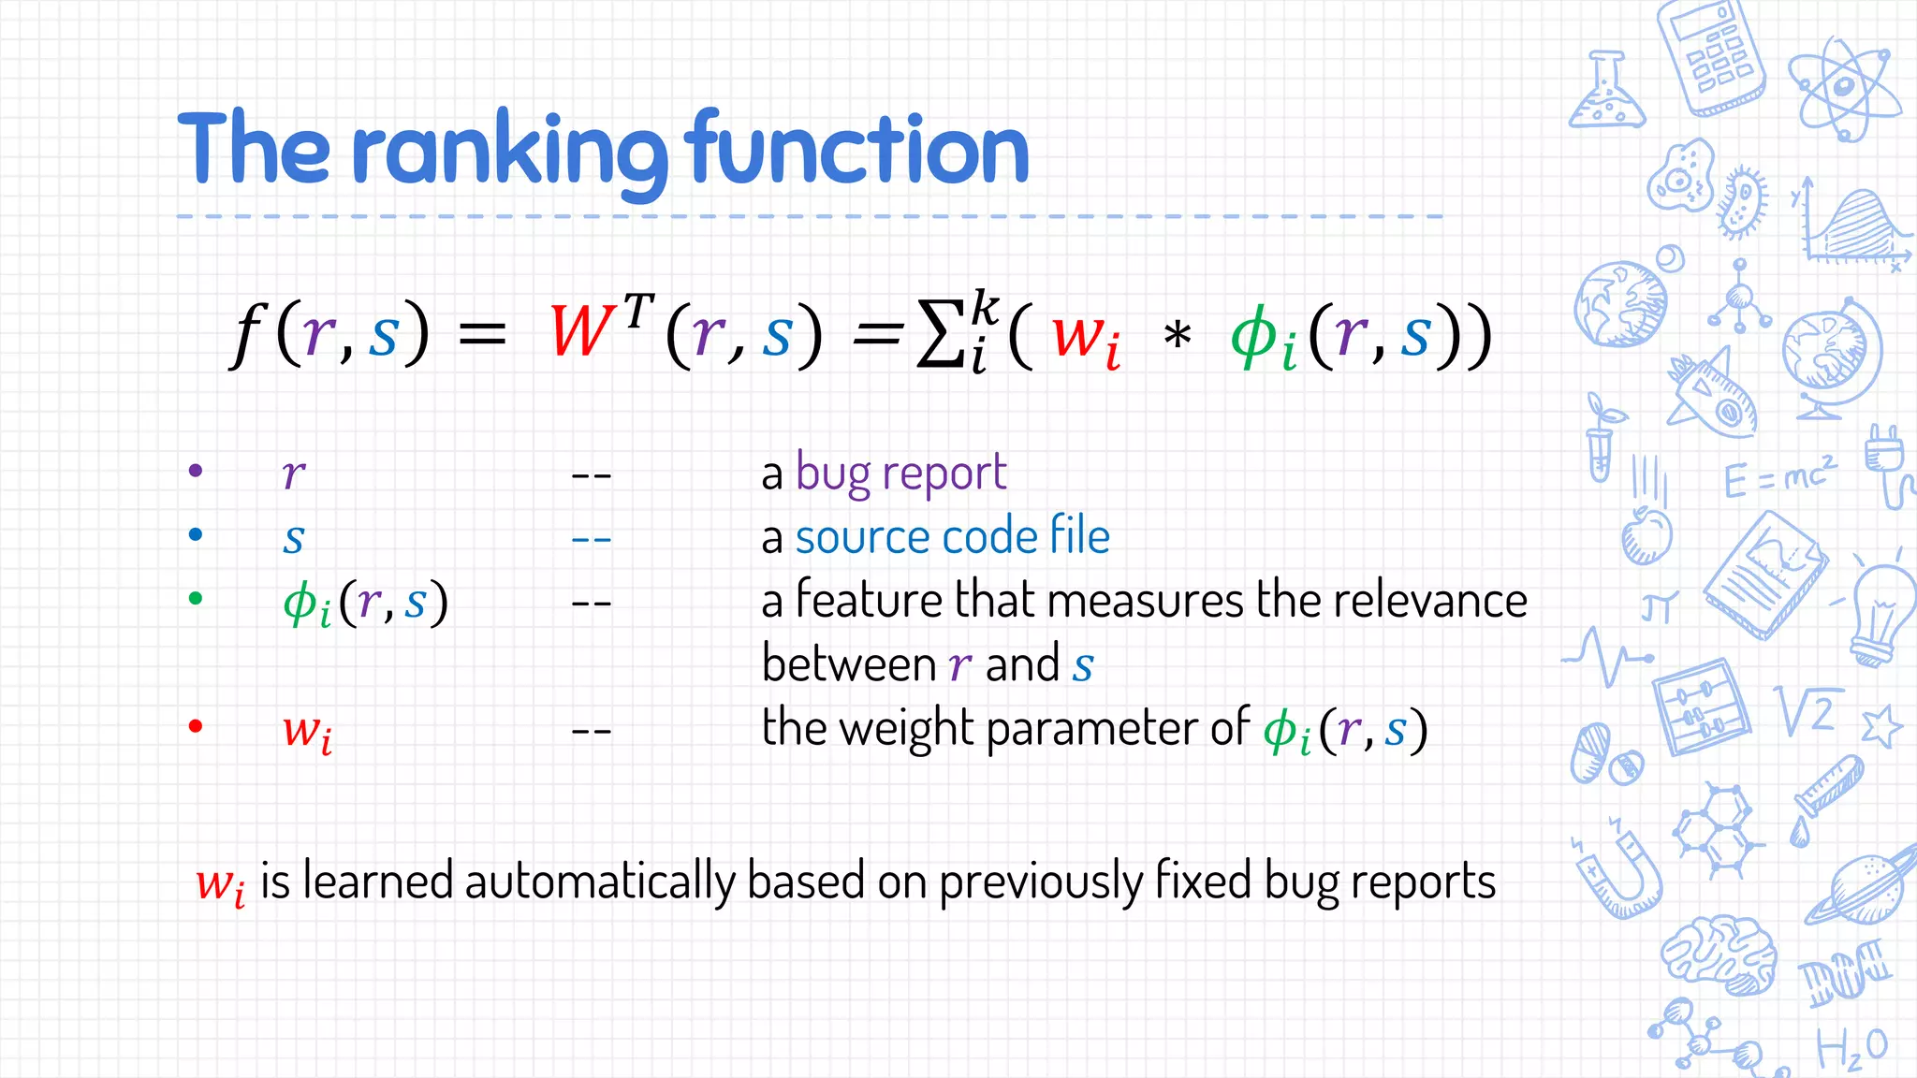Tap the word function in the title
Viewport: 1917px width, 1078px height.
[856, 150]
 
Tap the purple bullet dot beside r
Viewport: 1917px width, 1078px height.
[196, 471]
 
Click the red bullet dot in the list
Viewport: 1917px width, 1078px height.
[196, 726]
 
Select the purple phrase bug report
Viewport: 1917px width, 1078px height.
[900, 473]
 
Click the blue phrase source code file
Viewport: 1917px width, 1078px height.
[952, 537]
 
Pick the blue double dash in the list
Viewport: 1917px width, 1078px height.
[591, 540]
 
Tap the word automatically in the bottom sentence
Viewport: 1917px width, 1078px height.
[600, 881]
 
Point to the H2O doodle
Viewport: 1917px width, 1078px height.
[1851, 1049]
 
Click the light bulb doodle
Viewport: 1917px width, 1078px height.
[1881, 613]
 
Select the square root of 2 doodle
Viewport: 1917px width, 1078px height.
[1807, 710]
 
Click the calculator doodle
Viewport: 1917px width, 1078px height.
[1710, 56]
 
